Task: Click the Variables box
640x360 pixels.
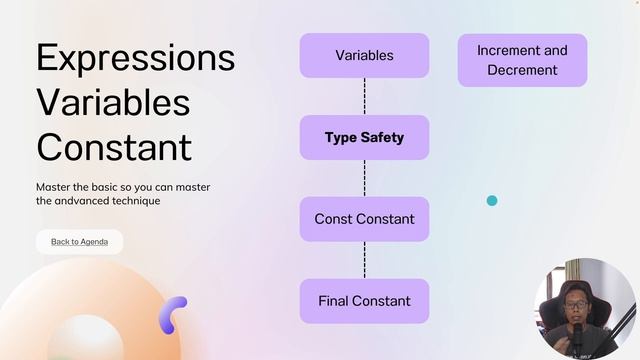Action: pos(364,55)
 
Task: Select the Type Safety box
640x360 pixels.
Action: pos(364,137)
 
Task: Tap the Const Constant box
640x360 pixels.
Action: pos(364,219)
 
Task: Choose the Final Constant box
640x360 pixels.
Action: pos(364,301)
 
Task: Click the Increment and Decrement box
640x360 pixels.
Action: pos(522,60)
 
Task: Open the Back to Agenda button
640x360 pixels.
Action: pos(79,242)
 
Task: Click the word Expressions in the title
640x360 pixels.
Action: pos(135,57)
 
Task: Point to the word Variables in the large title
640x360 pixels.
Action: pos(113,102)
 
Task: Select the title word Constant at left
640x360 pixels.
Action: pos(113,146)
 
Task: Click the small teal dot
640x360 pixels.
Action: pos(492,201)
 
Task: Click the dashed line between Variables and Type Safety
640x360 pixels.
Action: pos(364,96)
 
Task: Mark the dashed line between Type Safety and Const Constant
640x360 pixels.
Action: pos(364,178)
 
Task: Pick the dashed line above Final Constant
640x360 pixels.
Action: pos(364,260)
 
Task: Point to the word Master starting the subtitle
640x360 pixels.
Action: pos(54,187)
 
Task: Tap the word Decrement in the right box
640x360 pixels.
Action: pos(522,70)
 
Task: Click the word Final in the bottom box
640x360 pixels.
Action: pos(335,301)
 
